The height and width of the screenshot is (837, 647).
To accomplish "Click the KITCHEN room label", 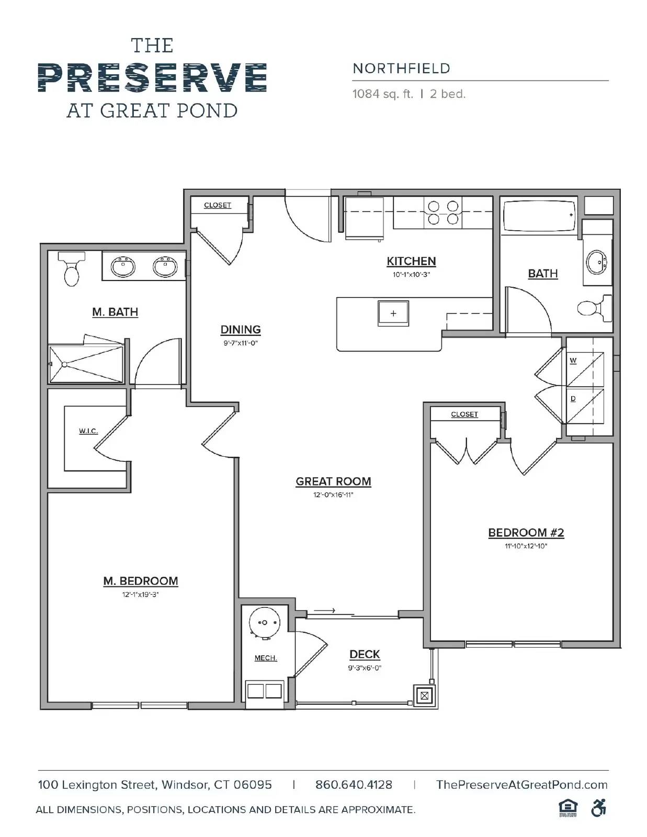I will (411, 261).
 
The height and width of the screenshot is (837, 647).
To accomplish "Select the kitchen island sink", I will (393, 313).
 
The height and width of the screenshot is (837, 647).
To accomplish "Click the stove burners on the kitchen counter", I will (443, 212).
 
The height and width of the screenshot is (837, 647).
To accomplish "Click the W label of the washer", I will (573, 360).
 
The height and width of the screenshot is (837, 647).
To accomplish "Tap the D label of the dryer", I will (573, 399).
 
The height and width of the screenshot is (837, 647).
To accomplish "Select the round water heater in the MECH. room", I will (264, 623).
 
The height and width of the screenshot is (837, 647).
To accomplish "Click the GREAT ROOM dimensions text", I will (333, 495).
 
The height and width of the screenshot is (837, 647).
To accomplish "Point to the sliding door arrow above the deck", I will (324, 610).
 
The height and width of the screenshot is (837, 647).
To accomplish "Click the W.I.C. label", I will (88, 431).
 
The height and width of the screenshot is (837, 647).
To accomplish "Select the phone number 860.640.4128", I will (354, 785).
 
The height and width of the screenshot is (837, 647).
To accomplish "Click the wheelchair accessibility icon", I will (598, 808).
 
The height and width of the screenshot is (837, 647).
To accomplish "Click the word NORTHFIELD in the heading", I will (401, 69).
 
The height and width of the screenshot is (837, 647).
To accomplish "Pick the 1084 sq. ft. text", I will (382, 94).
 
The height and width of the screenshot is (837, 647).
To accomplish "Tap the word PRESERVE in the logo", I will (152, 78).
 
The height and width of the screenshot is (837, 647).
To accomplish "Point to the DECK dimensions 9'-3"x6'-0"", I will (365, 668).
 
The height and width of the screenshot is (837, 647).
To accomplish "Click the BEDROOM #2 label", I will (526, 533).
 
